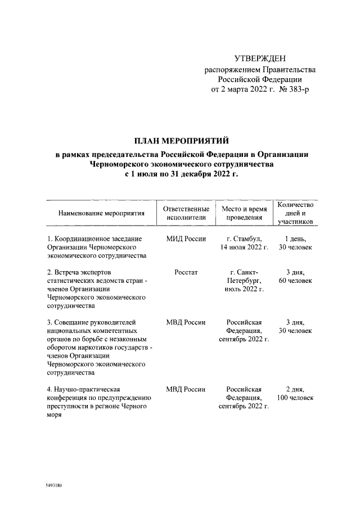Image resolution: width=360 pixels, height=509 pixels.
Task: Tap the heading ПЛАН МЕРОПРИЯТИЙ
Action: pyautogui.click(x=181, y=141)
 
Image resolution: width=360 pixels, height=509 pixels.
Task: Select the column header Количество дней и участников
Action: pyautogui.click(x=292, y=213)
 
